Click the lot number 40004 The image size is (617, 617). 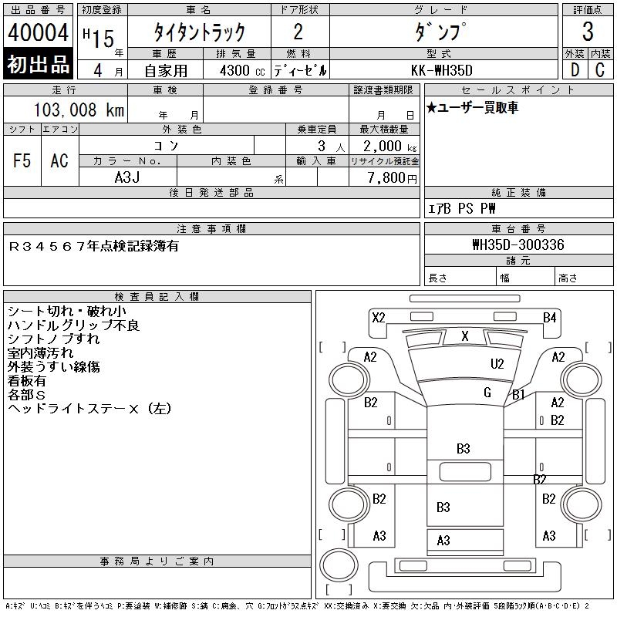click(38, 33)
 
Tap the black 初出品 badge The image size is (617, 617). click(38, 65)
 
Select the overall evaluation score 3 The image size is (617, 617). click(588, 32)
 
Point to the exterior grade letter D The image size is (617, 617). click(574, 69)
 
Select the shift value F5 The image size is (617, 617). click(22, 160)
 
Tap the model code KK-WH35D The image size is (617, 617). click(443, 69)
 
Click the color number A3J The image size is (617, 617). click(127, 177)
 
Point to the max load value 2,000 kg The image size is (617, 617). click(384, 147)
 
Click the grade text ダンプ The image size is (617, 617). click(442, 33)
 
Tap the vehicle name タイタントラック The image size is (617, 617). click(199, 32)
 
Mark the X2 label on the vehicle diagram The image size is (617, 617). click(378, 317)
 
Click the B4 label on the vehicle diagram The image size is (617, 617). click(549, 317)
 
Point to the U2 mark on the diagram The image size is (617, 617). click(497, 363)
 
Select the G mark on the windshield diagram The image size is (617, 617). click(487, 393)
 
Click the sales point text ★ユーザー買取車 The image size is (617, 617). click(473, 108)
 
